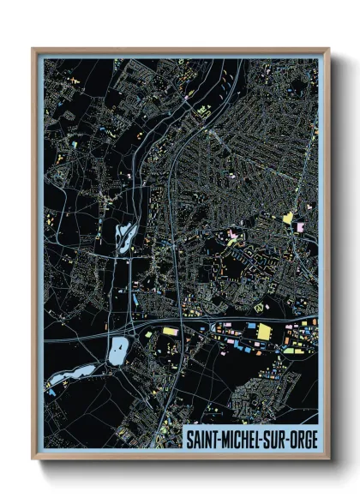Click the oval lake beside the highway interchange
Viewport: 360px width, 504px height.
(118, 348)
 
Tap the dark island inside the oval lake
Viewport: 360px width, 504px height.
(119, 346)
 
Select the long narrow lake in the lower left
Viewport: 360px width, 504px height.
(75, 374)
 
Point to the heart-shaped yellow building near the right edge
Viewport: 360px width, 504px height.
(288, 218)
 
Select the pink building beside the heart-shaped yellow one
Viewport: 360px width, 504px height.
(300, 226)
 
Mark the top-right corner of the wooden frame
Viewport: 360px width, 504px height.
(328, 50)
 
